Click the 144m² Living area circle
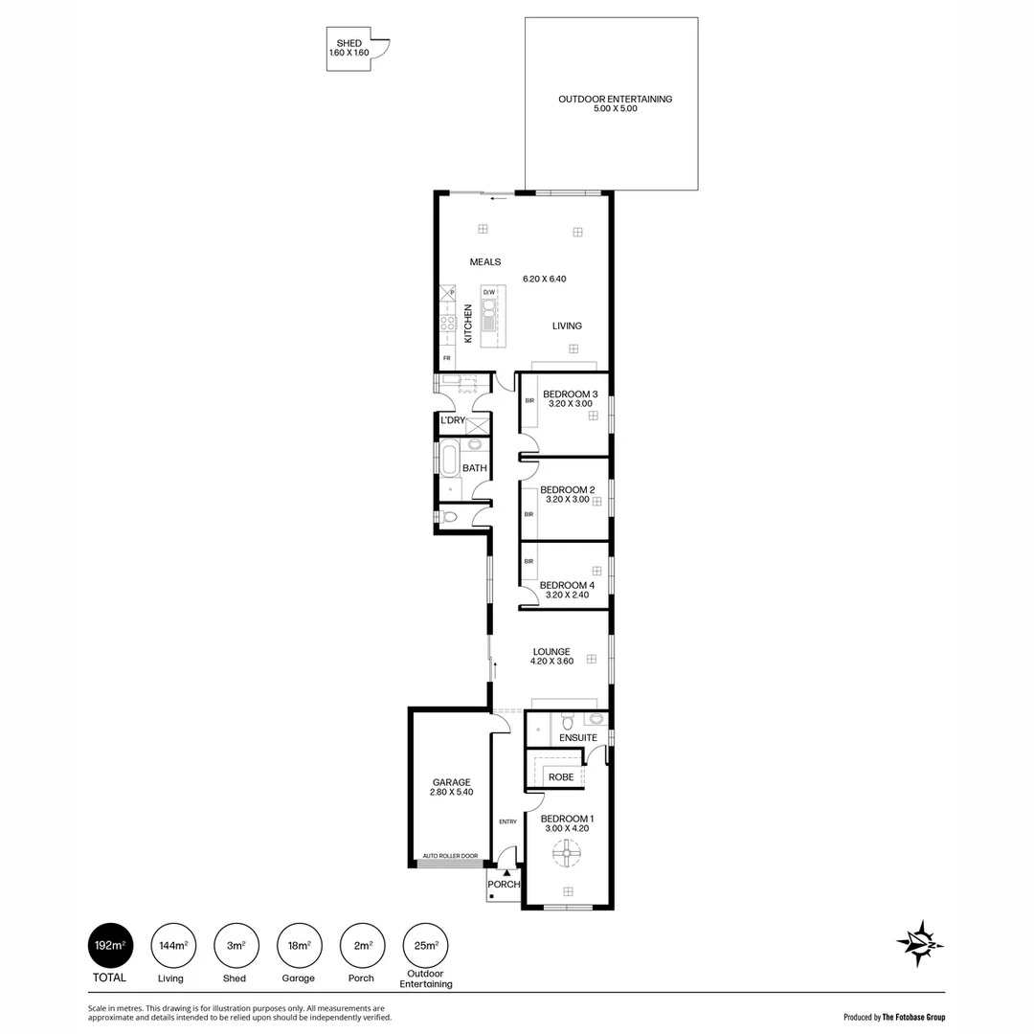[172, 946]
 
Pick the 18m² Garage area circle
[299, 946]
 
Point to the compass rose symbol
[920, 943]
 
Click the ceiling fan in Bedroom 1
[567, 853]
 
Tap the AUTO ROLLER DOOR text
[450, 856]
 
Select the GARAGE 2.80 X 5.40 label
[451, 787]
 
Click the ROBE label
[561, 776]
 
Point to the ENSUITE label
[578, 737]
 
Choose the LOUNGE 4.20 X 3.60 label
[552, 656]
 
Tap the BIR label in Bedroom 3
[528, 400]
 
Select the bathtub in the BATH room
[449, 461]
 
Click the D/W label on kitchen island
[488, 292]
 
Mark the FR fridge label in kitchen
[446, 358]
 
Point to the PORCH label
[503, 885]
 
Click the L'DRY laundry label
[453, 420]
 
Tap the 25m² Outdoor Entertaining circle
[425, 946]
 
